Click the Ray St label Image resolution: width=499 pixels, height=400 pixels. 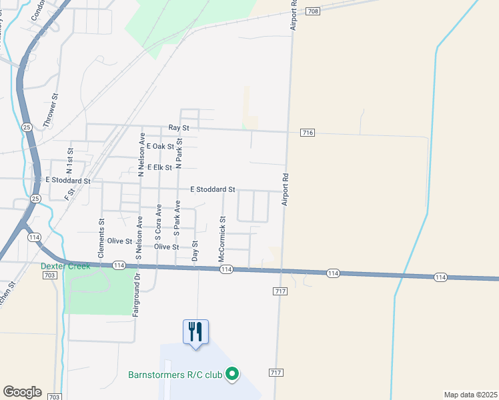click(179, 127)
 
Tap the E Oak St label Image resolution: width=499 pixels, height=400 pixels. click(161, 146)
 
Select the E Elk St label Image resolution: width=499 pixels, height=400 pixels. click(160, 167)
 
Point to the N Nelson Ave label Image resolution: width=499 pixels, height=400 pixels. click(142, 154)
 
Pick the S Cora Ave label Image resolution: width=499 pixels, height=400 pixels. click(159, 222)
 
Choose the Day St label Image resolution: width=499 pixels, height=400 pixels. click(195, 251)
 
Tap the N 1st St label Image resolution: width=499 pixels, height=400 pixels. click(69, 161)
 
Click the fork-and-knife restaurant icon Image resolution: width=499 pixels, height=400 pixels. click(195, 331)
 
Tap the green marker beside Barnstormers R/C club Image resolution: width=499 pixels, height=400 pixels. click(232, 375)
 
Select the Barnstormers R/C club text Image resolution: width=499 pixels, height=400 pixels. click(175, 375)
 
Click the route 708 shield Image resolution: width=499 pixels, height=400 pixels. click(314, 11)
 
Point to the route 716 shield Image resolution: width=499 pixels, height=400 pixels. click(307, 133)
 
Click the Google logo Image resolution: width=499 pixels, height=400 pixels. click(22, 392)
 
